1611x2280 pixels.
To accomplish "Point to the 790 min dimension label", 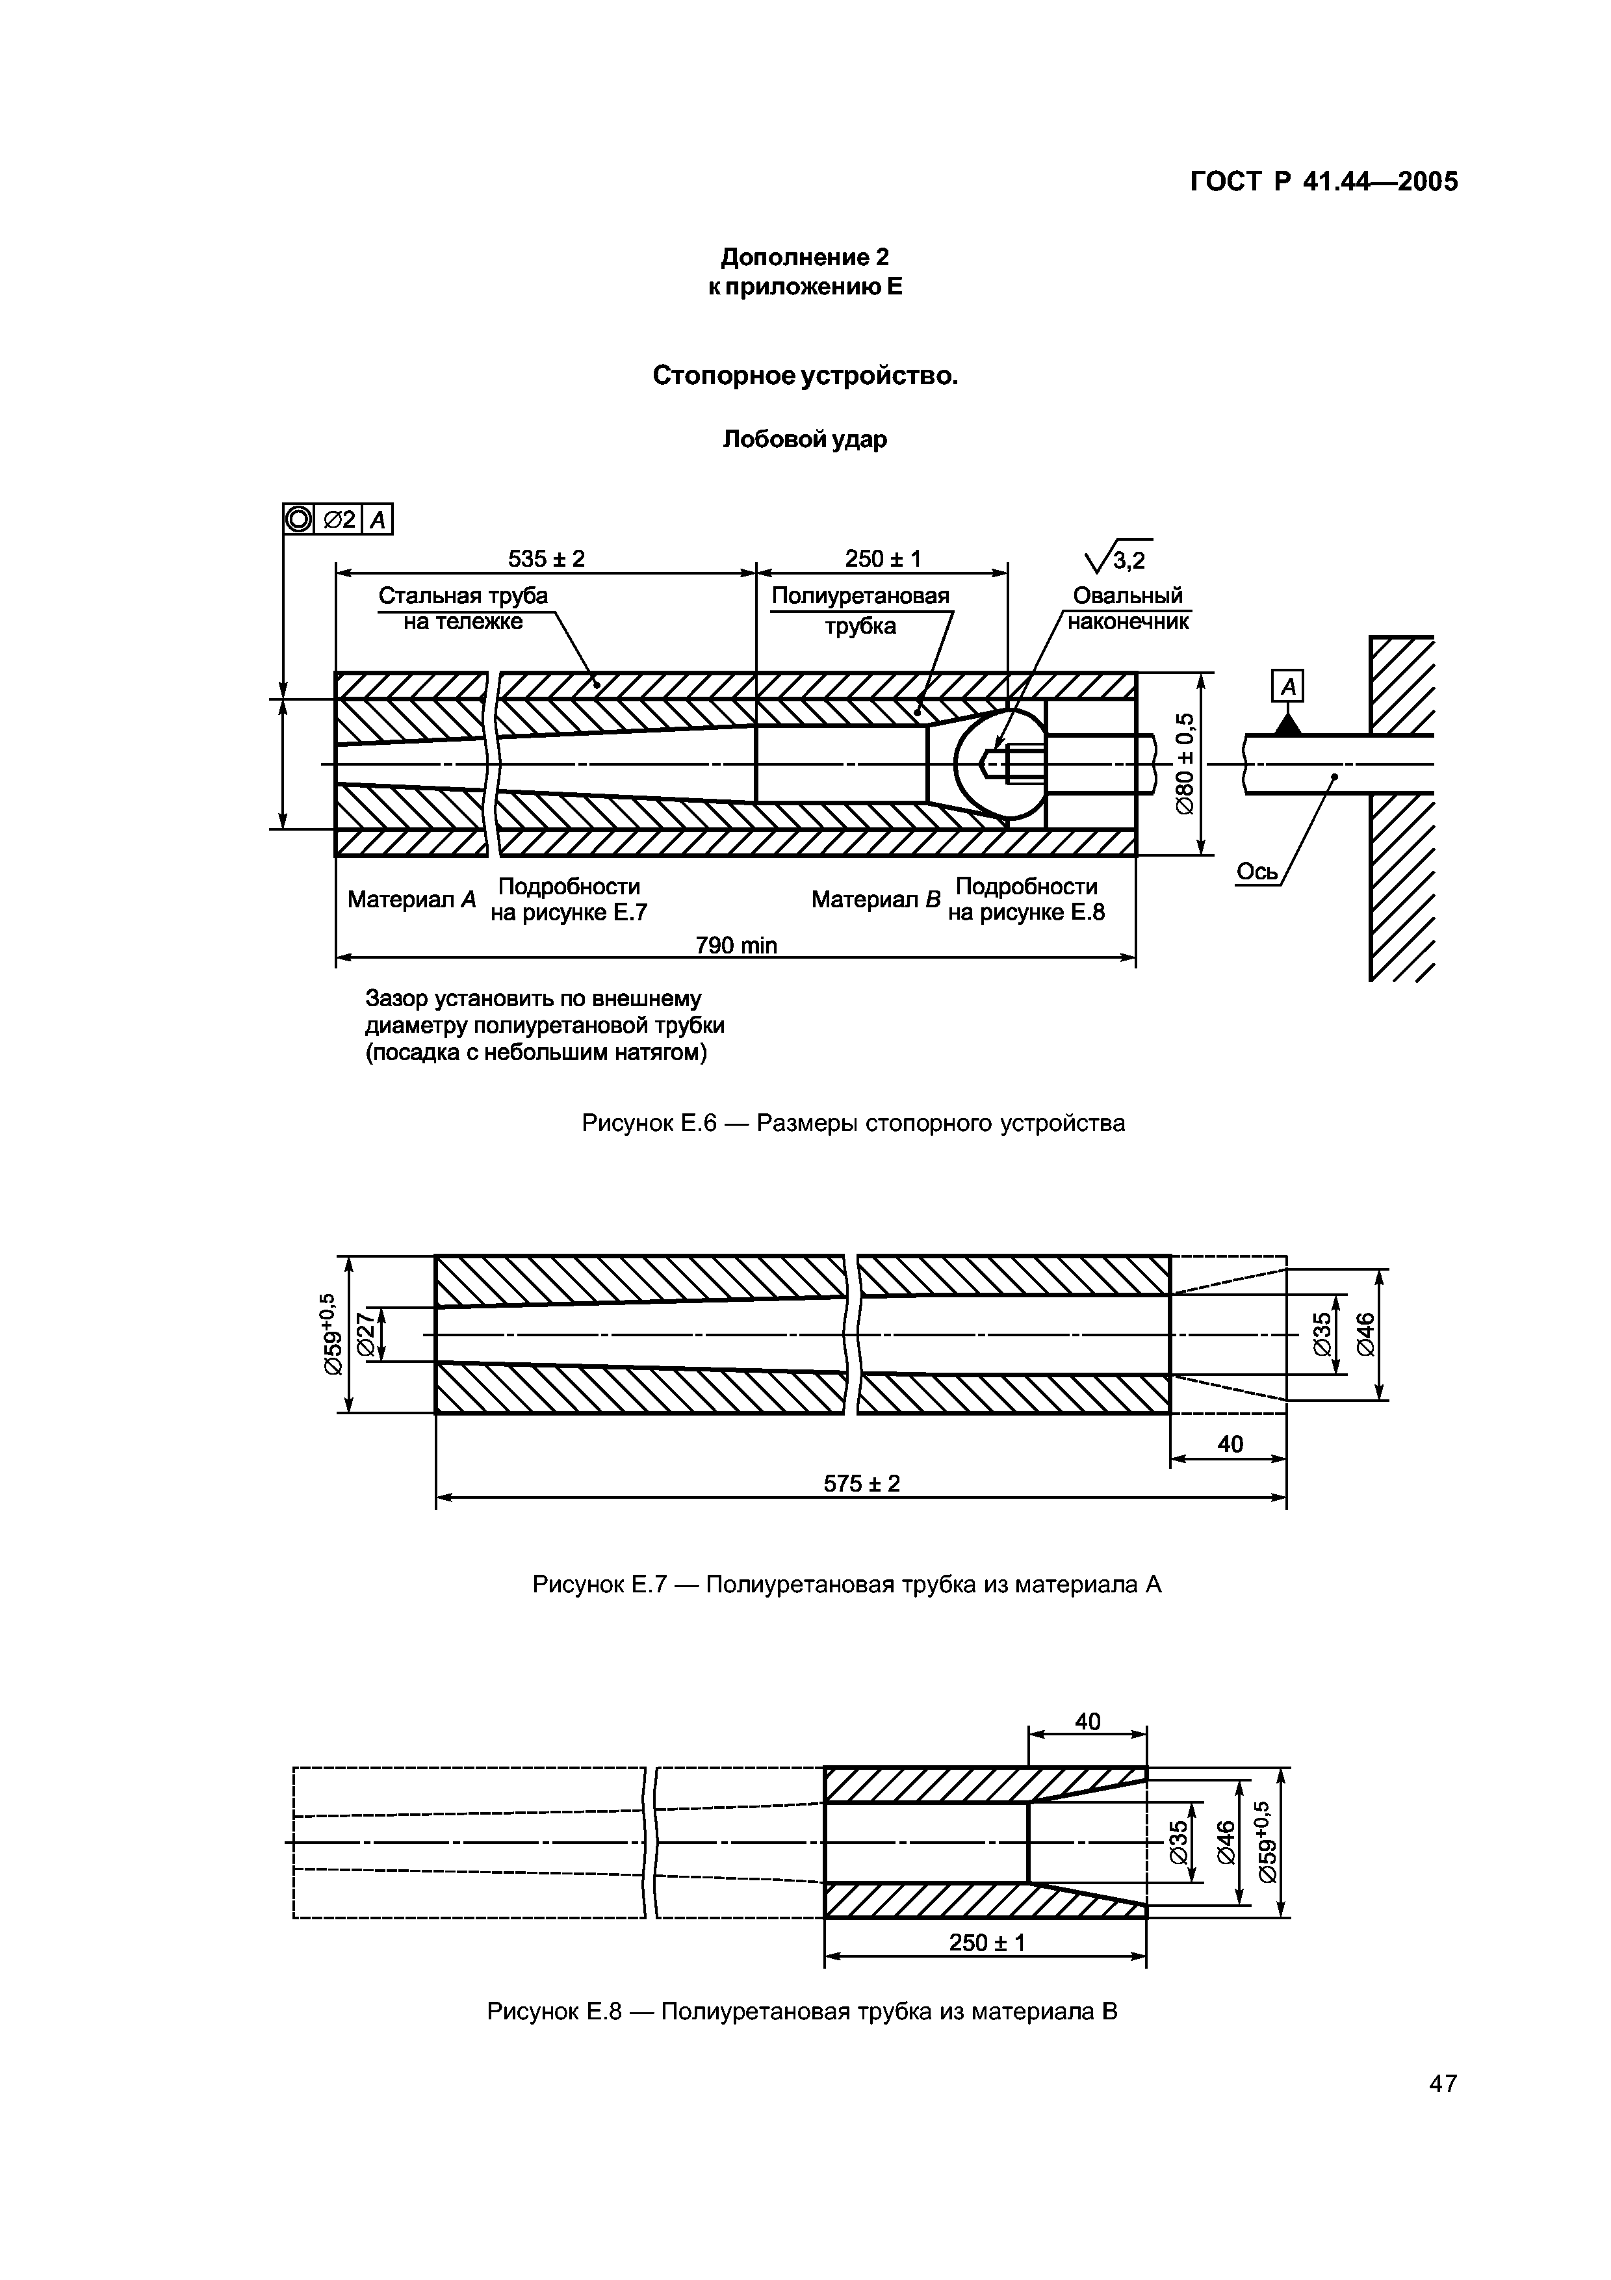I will point(736,946).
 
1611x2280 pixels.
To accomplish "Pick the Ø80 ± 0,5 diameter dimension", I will point(1184,764).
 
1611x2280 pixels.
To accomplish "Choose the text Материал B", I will point(875,900).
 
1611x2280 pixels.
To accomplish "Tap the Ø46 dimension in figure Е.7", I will point(1366,1334).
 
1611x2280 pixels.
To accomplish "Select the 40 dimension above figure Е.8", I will point(1087,1722).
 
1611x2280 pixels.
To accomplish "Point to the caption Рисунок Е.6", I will point(853,1123).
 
